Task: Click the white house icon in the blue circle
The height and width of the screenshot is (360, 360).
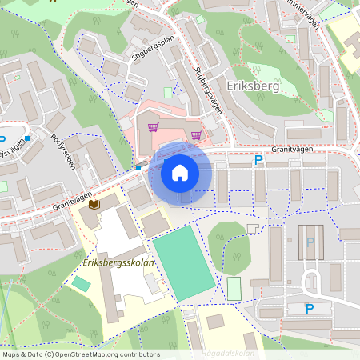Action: click(180, 173)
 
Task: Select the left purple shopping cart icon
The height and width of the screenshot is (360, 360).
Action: click(153, 126)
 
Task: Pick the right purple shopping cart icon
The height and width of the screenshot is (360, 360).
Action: click(196, 134)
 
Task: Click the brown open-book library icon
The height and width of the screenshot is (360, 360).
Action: click(94, 206)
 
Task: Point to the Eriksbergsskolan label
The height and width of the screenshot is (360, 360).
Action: click(117, 262)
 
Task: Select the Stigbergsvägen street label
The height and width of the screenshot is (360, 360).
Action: click(206, 87)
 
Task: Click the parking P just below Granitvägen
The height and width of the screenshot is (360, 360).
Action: click(258, 160)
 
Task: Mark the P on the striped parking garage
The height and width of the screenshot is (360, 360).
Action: click(310, 242)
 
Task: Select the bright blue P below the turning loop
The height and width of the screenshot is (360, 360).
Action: click(310, 309)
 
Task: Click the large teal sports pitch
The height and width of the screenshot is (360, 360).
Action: click(185, 262)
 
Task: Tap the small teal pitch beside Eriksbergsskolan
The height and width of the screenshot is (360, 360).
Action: click(81, 284)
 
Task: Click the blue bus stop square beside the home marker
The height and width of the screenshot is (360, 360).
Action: click(138, 168)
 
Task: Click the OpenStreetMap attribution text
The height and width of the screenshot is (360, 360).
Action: click(81, 354)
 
